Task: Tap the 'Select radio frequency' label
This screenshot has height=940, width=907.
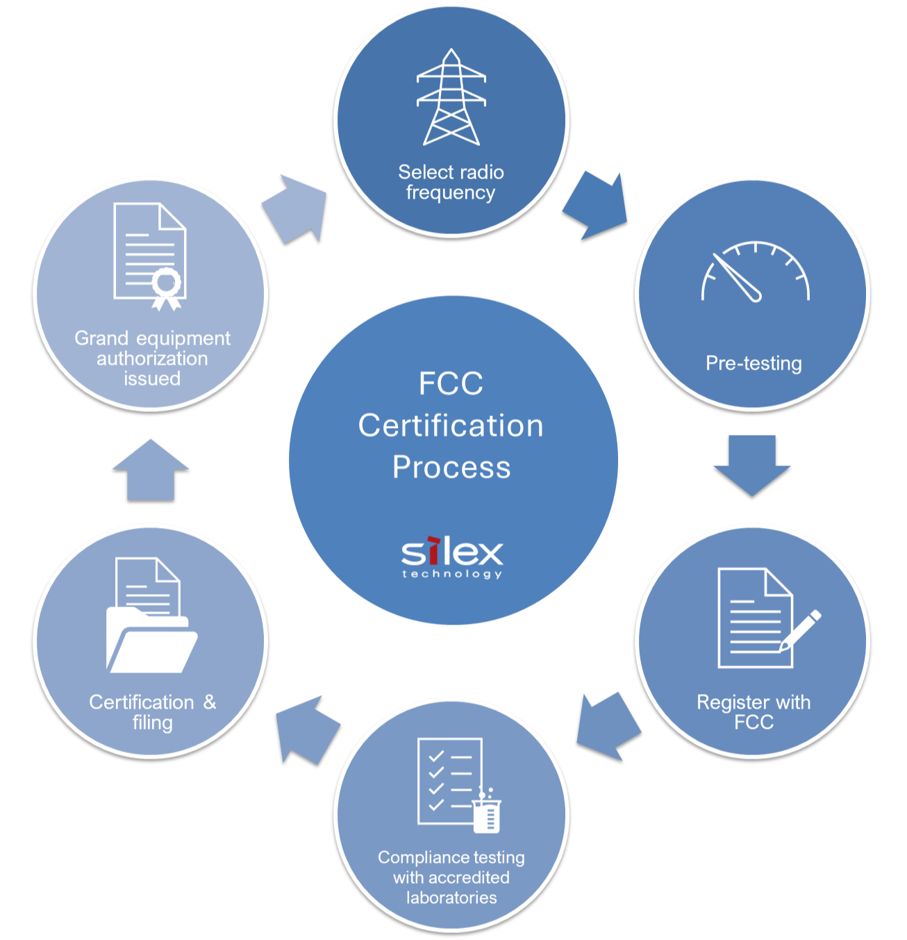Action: (x=451, y=182)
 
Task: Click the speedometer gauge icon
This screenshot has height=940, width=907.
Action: (x=755, y=272)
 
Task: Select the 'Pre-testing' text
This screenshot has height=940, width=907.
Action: (x=754, y=363)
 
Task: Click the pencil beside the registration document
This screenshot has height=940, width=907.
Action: (x=800, y=631)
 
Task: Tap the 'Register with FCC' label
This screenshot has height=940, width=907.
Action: (x=754, y=712)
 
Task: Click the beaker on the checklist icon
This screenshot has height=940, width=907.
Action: (x=487, y=813)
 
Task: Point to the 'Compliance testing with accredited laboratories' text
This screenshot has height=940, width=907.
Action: (x=451, y=877)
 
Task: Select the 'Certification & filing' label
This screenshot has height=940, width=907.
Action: (x=152, y=712)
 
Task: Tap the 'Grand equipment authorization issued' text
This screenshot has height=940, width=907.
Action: (x=152, y=358)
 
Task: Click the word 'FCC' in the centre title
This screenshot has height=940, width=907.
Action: (x=451, y=384)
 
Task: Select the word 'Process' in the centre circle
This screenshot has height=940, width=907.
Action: (x=451, y=467)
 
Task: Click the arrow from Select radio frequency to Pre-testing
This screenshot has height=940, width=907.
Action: (x=597, y=206)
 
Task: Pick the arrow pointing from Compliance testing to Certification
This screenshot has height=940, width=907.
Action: (x=306, y=729)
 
